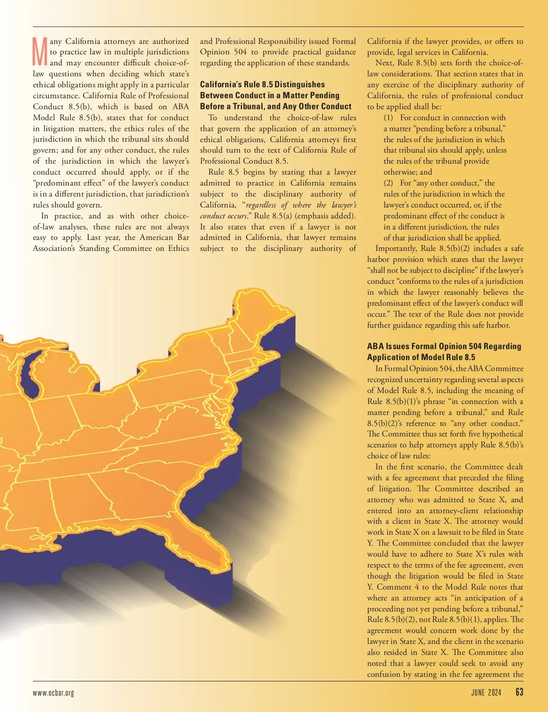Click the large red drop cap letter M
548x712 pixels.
[40, 52]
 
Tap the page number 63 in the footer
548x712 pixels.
[519, 692]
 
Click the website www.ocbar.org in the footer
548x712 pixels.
[53, 693]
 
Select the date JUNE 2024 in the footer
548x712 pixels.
[486, 692]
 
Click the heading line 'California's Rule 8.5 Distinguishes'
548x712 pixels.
[262, 85]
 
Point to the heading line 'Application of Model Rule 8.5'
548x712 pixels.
[421, 357]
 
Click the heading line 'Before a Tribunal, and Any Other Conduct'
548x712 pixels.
[276, 106]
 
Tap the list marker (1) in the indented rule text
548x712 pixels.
[388, 117]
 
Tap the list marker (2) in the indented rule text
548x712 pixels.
[388, 183]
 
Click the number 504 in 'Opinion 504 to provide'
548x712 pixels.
[240, 52]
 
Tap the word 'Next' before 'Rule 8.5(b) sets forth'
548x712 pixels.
[385, 63]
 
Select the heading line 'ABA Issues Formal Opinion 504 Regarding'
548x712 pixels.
[444, 346]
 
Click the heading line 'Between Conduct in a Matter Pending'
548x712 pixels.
[269, 96]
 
